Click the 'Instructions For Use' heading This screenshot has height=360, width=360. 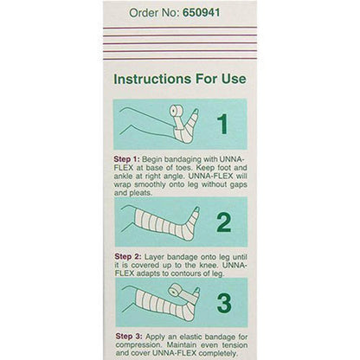tap(180, 79)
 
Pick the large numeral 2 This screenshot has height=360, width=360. tap(223, 223)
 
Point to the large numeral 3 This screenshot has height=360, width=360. tap(223, 304)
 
